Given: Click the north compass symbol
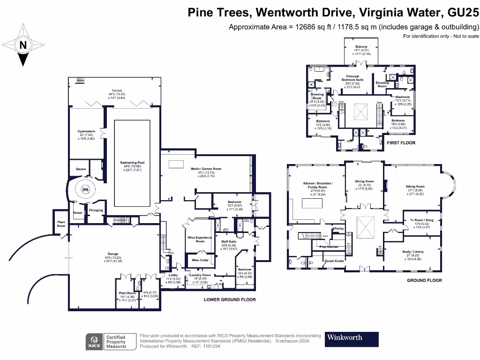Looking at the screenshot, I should [22, 45].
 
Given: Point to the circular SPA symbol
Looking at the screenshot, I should [85, 190].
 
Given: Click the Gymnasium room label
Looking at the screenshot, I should [86, 131].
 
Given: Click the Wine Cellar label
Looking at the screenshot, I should [200, 260].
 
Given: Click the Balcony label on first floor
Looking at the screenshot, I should [361, 47].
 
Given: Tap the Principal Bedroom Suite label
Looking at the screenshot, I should [352, 78].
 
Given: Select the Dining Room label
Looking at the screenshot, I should [364, 181].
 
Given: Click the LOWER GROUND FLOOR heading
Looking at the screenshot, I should [230, 300].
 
